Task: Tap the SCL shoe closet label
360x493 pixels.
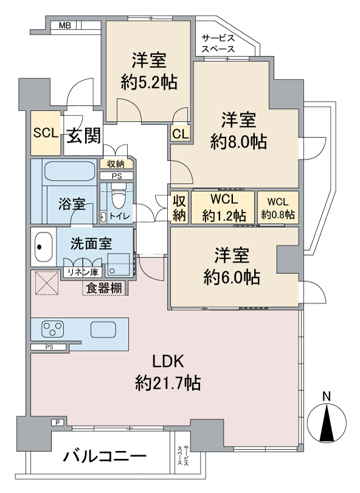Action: point(45,132)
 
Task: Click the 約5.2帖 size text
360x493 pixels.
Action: point(149,83)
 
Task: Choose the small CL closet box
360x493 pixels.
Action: point(180,133)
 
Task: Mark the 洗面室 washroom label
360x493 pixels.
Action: point(91,243)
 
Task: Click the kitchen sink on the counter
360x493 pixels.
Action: point(104,329)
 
